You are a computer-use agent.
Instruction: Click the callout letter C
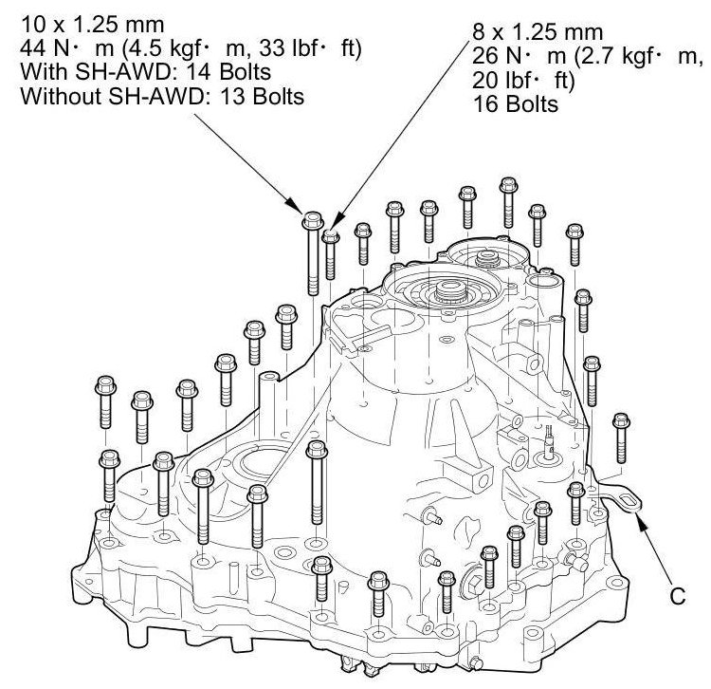pos(678,596)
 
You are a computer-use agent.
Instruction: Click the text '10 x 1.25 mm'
pos(93,25)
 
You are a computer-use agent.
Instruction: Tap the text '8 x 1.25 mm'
pos(538,32)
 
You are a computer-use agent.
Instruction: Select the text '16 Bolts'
pos(516,104)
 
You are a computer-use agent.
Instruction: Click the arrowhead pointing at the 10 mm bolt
pos(295,205)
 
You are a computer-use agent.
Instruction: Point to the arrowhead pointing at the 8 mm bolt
pos(337,223)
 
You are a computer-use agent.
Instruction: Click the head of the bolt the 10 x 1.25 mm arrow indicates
pos(313,220)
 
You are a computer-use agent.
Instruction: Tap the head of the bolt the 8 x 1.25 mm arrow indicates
pos(331,236)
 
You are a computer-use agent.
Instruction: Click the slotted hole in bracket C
pos(627,500)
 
